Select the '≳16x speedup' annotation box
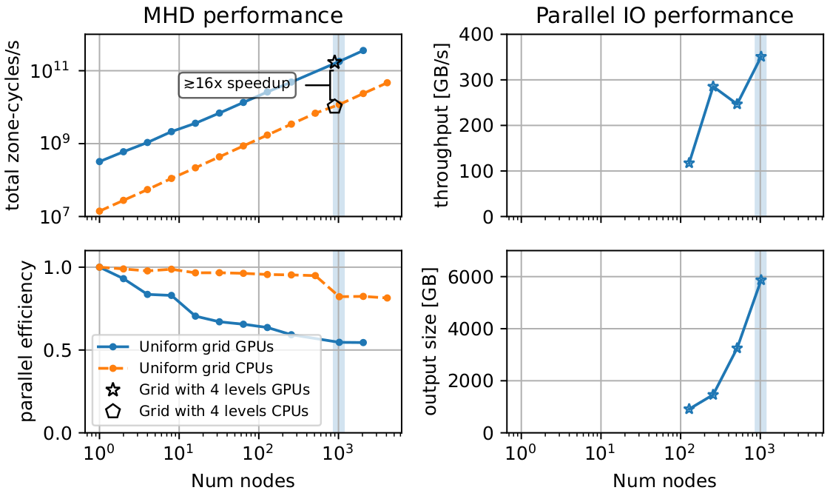[237, 84]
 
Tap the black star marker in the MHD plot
[334, 62]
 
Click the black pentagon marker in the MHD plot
[334, 107]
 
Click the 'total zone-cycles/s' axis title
[16, 125]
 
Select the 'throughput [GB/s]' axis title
[443, 125]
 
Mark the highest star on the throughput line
[760, 56]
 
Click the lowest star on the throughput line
[689, 163]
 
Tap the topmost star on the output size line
[760, 280]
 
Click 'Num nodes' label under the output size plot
[664, 480]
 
